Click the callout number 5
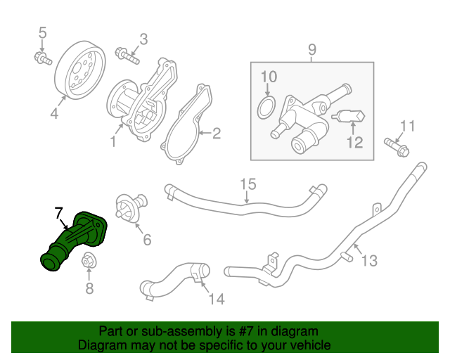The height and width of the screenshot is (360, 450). coord(42,32)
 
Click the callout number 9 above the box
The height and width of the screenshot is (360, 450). coord(312,50)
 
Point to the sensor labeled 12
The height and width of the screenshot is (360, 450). coord(349,117)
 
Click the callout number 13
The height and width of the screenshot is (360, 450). coord(369,261)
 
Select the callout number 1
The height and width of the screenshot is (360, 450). coord(112,142)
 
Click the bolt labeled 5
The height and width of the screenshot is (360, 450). coord(43,58)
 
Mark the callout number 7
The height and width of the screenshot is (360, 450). coord(59,211)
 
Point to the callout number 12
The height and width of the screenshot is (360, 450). coord(354,143)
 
